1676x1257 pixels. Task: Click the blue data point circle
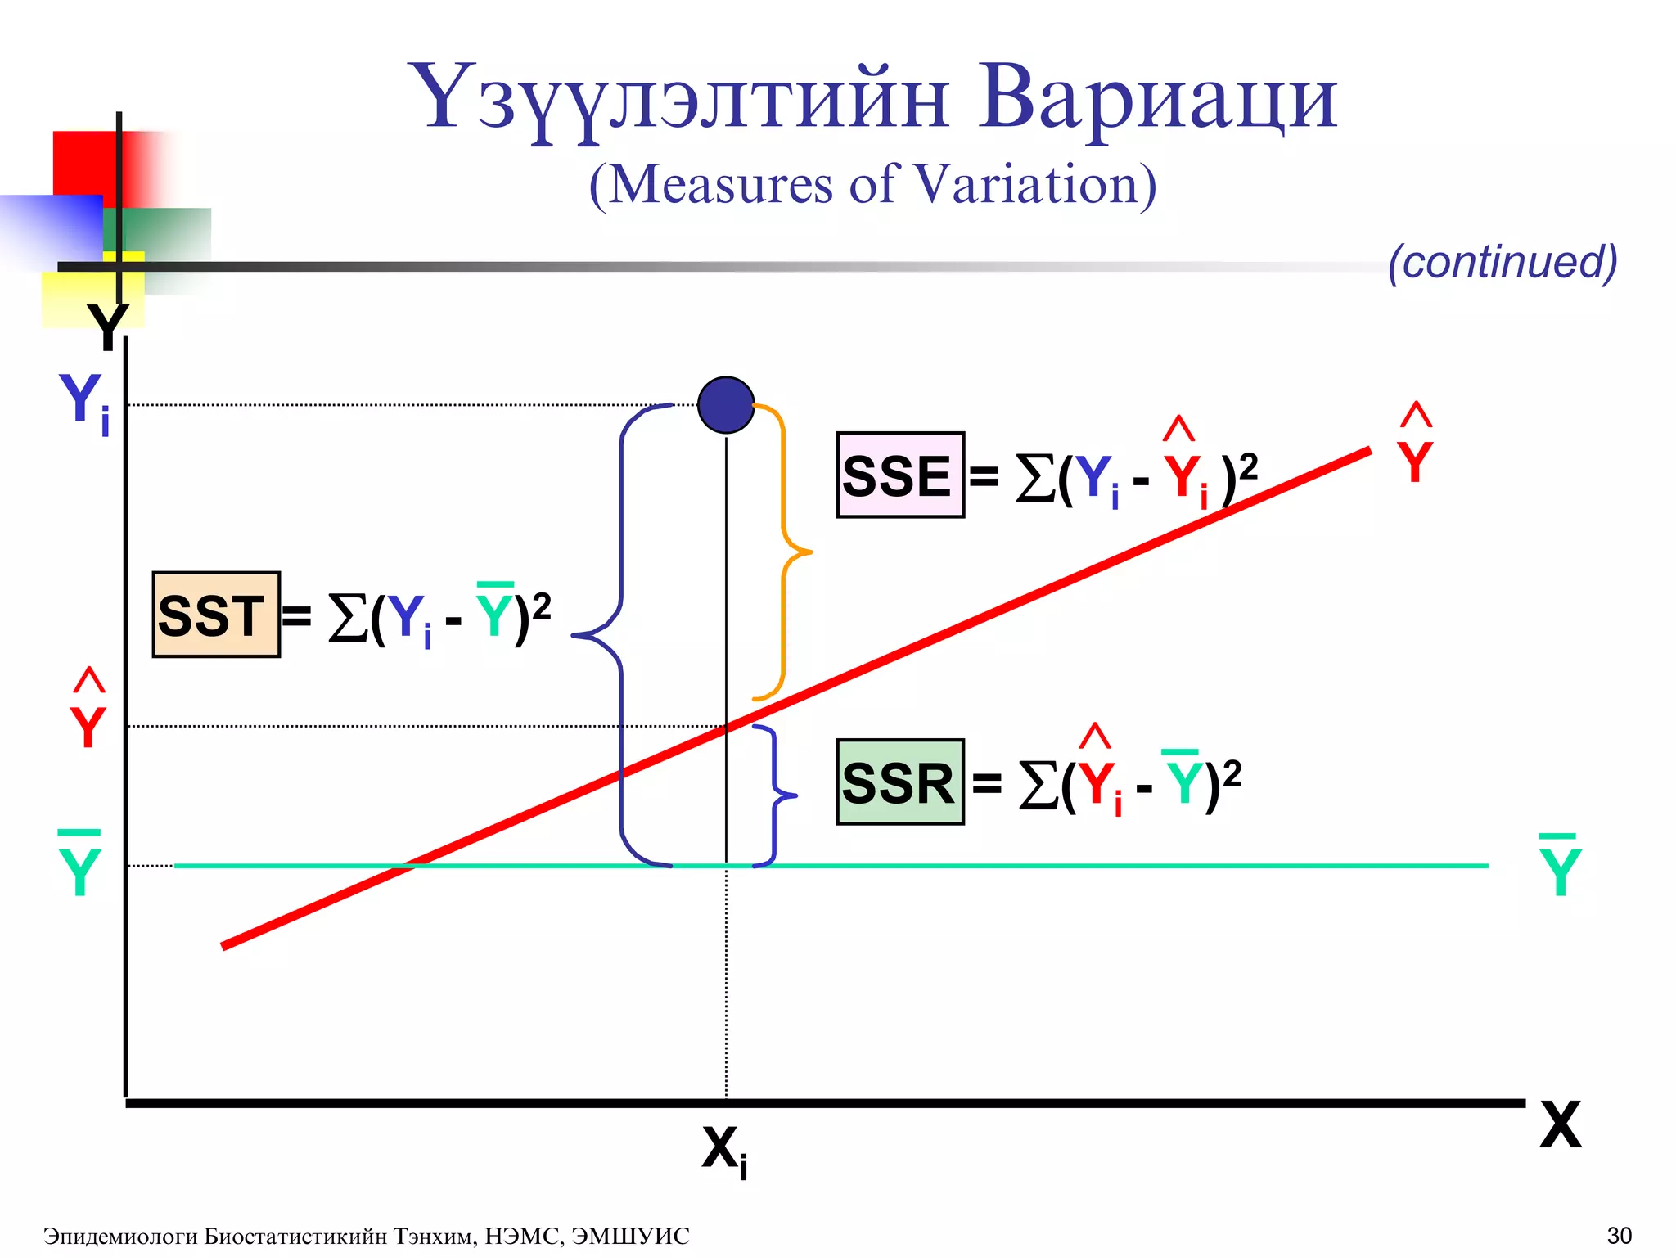click(726, 405)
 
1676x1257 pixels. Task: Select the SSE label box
click(900, 475)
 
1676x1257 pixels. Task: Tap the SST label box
click(216, 615)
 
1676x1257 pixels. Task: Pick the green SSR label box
click(900, 782)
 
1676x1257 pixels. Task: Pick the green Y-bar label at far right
click(1560, 867)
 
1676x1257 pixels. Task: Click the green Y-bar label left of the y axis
click(79, 866)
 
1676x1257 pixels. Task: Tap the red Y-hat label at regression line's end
click(1415, 446)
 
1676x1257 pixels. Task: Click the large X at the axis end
click(1560, 1126)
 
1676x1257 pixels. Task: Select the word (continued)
click(1503, 262)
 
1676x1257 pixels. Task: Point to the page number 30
click(1620, 1235)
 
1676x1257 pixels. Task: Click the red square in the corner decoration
click(90, 164)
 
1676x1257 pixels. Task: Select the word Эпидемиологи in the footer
click(119, 1236)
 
